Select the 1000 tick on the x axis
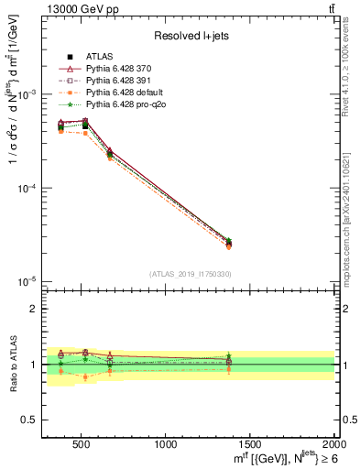[166, 444]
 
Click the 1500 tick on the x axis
[250, 444]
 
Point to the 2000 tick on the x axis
[333, 444]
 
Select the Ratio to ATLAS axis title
[12, 364]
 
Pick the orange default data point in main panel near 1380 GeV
[228, 245]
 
